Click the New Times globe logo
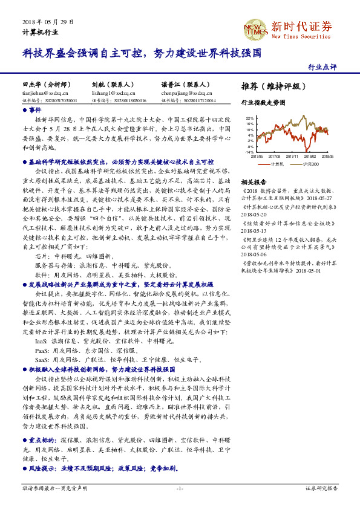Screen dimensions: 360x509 tap(254, 28)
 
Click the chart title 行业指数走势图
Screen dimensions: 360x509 tap(263, 103)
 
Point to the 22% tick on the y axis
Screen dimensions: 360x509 tap(250, 118)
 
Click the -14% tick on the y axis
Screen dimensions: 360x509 tap(250, 152)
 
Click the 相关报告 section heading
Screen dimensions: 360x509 tap(254, 182)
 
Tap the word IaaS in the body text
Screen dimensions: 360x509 tap(42, 341)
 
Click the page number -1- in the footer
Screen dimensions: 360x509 tap(180, 488)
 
